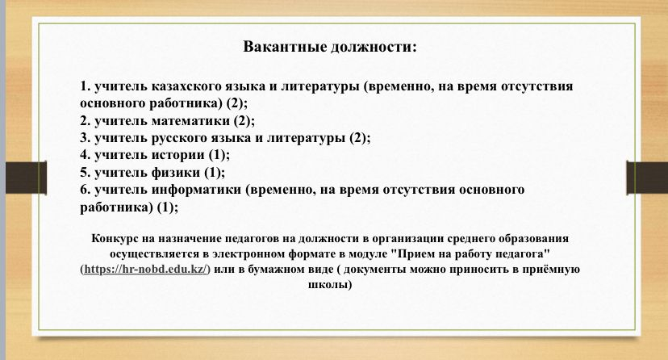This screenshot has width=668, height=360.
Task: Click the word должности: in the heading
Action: coord(374,48)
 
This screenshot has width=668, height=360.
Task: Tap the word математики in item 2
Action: coord(190,120)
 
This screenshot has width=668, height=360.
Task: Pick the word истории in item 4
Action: coord(178,155)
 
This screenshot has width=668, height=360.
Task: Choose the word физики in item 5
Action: coord(176,173)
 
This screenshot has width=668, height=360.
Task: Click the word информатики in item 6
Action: coord(196,190)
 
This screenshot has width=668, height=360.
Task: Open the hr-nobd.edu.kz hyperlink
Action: coord(147,270)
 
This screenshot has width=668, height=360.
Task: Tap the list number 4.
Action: coord(86,155)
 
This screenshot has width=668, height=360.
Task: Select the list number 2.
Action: coord(86,120)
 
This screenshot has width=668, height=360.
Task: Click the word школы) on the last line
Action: coord(330,285)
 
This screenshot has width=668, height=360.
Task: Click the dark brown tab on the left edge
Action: coord(26,178)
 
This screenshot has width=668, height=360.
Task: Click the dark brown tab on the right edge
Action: coord(647,178)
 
